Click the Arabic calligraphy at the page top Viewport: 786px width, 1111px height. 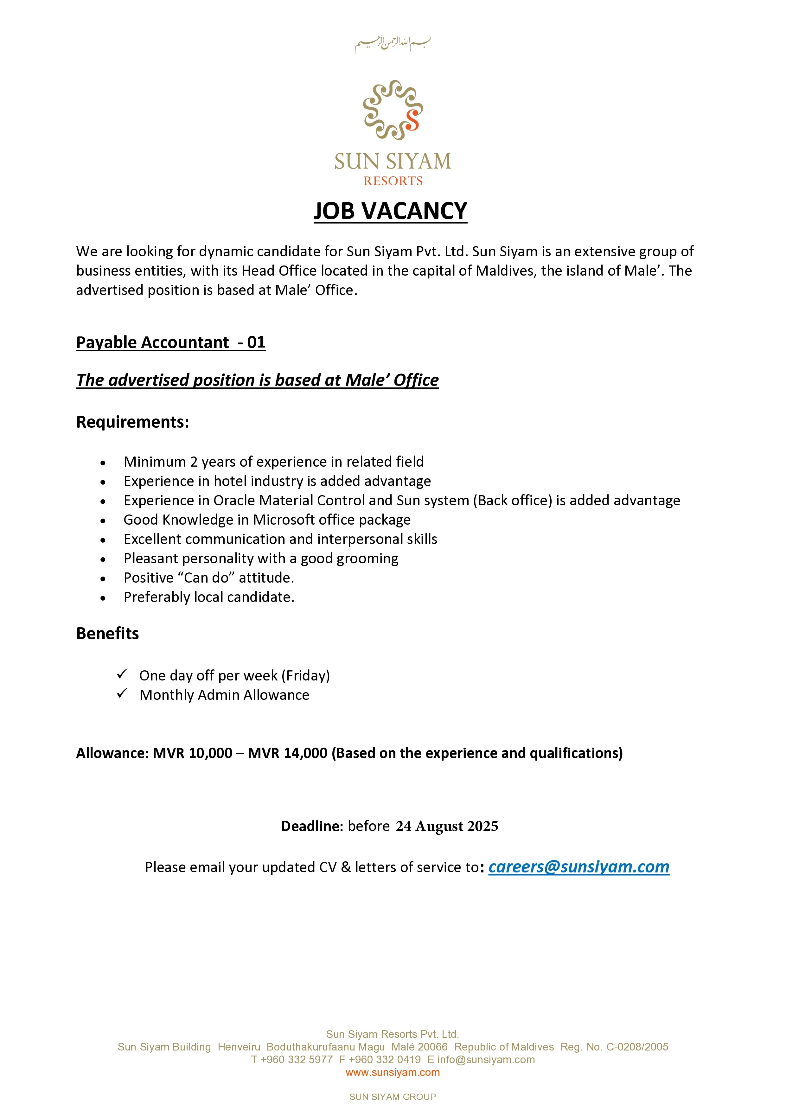[393, 43]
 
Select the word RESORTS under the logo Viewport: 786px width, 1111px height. [393, 181]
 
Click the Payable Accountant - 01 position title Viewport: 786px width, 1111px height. [171, 342]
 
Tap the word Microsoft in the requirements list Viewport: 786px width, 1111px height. [284, 520]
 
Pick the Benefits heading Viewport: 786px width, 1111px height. [107, 633]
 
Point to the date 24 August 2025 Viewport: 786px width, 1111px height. [447, 826]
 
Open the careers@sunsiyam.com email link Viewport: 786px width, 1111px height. [578, 867]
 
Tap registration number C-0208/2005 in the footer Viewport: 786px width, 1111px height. [637, 1047]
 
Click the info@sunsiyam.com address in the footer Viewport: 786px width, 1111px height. [486, 1060]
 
